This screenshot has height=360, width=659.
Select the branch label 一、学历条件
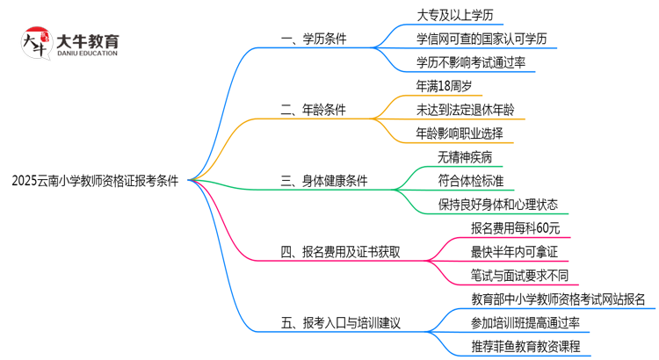312,39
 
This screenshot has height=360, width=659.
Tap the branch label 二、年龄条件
312,110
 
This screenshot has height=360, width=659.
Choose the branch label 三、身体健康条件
323,181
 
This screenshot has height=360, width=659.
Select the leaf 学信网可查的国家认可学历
488,39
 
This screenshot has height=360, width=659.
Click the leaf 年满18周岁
448,86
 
